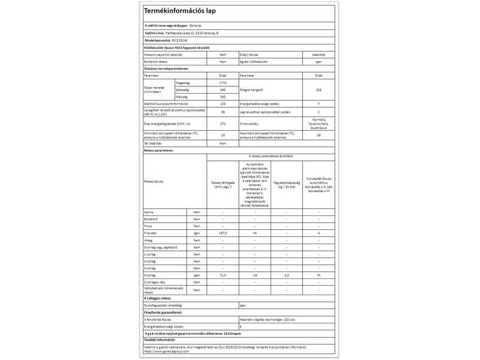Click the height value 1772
pyautogui.click(x=223, y=82)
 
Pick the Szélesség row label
pyautogui.click(x=183, y=89)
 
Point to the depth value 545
pyautogui.click(x=223, y=96)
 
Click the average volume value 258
pyautogui.click(x=318, y=89)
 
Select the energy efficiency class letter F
pyautogui.click(x=318, y=104)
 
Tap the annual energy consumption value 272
pyautogui.click(x=223, y=124)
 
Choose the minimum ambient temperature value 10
pyautogui.click(x=223, y=135)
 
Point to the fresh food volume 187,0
pyautogui.click(x=223, y=232)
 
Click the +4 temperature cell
pyautogui.click(x=254, y=232)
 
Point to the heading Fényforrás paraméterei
pyautogui.click(x=163, y=313)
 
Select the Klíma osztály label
pyautogui.click(x=251, y=124)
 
